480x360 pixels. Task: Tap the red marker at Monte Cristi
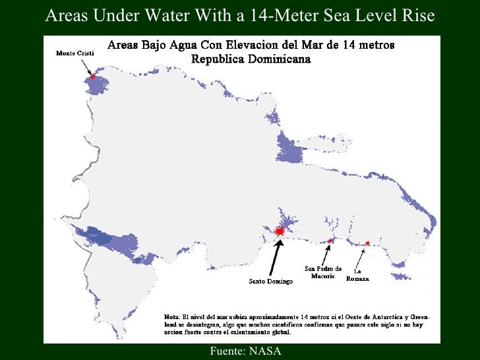(93, 77)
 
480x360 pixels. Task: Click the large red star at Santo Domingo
(280, 231)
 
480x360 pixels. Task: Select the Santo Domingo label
(270, 282)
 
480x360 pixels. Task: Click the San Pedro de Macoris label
(323, 272)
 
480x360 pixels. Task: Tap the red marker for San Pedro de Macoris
(331, 241)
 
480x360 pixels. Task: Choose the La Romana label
(357, 275)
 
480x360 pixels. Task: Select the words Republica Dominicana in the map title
(251, 59)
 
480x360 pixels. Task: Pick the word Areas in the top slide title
(66, 16)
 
